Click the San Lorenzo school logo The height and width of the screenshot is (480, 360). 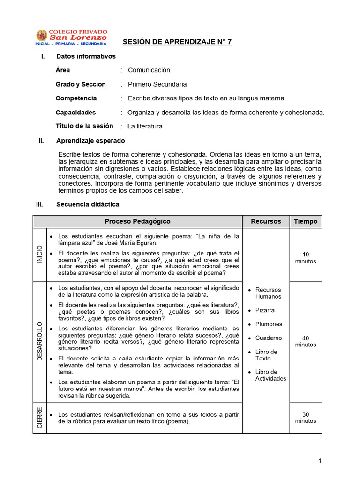click(x=71, y=37)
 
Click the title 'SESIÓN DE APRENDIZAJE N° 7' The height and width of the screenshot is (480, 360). click(x=177, y=42)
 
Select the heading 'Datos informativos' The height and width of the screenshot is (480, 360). click(x=86, y=56)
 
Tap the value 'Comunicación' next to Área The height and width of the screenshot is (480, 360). click(x=149, y=70)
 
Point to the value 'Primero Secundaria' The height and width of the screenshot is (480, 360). click(x=157, y=84)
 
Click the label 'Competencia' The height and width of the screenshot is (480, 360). click(x=76, y=98)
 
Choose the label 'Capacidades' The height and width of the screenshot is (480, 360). click(x=75, y=112)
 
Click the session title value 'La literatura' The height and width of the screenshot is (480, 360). click(x=145, y=126)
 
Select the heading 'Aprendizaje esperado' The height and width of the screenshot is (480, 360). click(x=90, y=141)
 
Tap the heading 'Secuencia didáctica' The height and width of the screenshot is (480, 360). click(x=88, y=204)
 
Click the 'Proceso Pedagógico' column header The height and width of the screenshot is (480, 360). click(x=137, y=221)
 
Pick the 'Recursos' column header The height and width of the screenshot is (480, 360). click(x=266, y=221)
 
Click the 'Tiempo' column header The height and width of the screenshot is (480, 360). click(x=305, y=221)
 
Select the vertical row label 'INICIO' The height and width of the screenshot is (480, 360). click(x=39, y=254)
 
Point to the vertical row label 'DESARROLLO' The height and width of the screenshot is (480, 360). click(x=39, y=341)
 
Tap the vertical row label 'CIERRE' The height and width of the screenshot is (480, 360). click(x=39, y=417)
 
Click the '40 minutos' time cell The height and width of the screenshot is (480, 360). click(x=305, y=341)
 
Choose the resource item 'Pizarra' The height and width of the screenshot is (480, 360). click(x=265, y=310)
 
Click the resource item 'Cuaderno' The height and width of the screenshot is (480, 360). click(x=269, y=338)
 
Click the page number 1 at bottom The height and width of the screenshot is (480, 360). click(x=320, y=461)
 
